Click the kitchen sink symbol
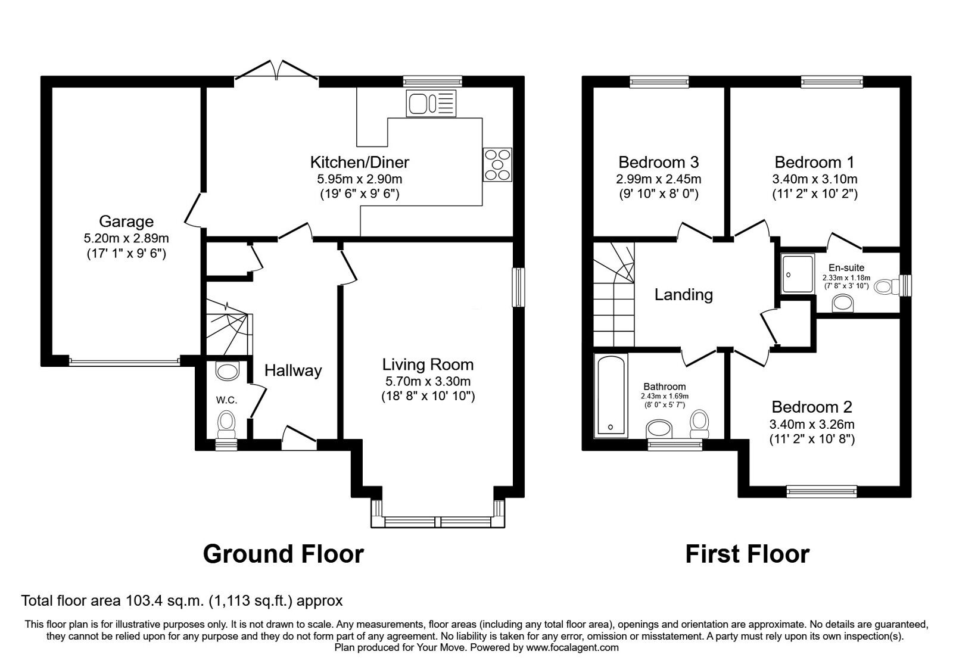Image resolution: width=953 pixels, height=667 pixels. [x=431, y=103]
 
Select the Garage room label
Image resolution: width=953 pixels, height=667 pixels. [x=126, y=222]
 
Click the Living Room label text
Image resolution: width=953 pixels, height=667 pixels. [x=428, y=364]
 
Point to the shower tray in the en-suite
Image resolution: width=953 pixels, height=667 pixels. [x=798, y=274]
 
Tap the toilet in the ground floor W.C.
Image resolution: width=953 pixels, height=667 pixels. [x=226, y=423]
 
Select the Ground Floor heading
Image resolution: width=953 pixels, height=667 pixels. [x=283, y=554]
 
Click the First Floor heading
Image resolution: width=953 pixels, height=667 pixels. [x=747, y=554]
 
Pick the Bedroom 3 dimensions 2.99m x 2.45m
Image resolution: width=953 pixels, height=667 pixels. [x=658, y=179]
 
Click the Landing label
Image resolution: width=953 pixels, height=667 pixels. [x=683, y=294]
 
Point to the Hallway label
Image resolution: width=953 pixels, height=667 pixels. [x=293, y=370]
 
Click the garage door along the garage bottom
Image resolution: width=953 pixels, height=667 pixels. [x=124, y=360]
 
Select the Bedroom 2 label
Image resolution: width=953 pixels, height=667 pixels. [x=811, y=407]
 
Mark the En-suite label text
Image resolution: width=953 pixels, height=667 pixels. [x=846, y=268]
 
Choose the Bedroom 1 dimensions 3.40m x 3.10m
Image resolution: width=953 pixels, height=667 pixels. [x=814, y=179]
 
